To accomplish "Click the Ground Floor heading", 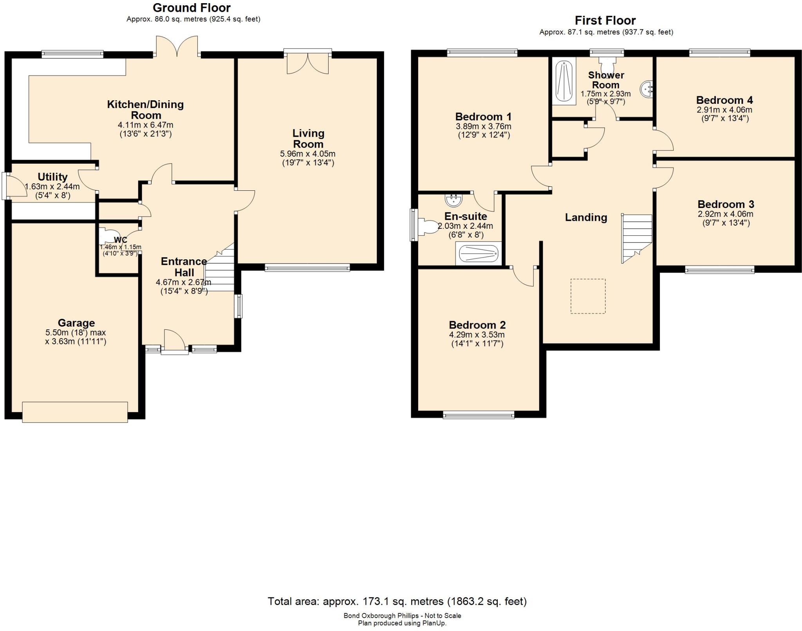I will point(191,8).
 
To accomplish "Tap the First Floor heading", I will point(605,20).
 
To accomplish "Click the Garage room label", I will point(76,323).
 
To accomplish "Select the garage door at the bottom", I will point(75,412).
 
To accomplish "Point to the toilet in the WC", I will point(106,236).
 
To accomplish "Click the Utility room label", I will point(52,177).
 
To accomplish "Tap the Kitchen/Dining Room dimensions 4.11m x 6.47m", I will point(145,125).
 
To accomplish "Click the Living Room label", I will point(308,139).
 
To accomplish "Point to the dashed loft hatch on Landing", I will point(588,296).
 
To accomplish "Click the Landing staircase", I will point(637,238).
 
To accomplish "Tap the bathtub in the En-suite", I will point(479,253).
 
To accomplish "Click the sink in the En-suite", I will point(453,200).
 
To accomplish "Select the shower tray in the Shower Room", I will point(564,81).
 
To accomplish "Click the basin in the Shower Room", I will point(646,89).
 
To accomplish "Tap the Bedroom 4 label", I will point(724,100).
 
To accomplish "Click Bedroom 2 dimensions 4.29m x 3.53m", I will point(477,335).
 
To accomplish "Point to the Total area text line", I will point(397,601).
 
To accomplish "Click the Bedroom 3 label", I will point(726,204).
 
